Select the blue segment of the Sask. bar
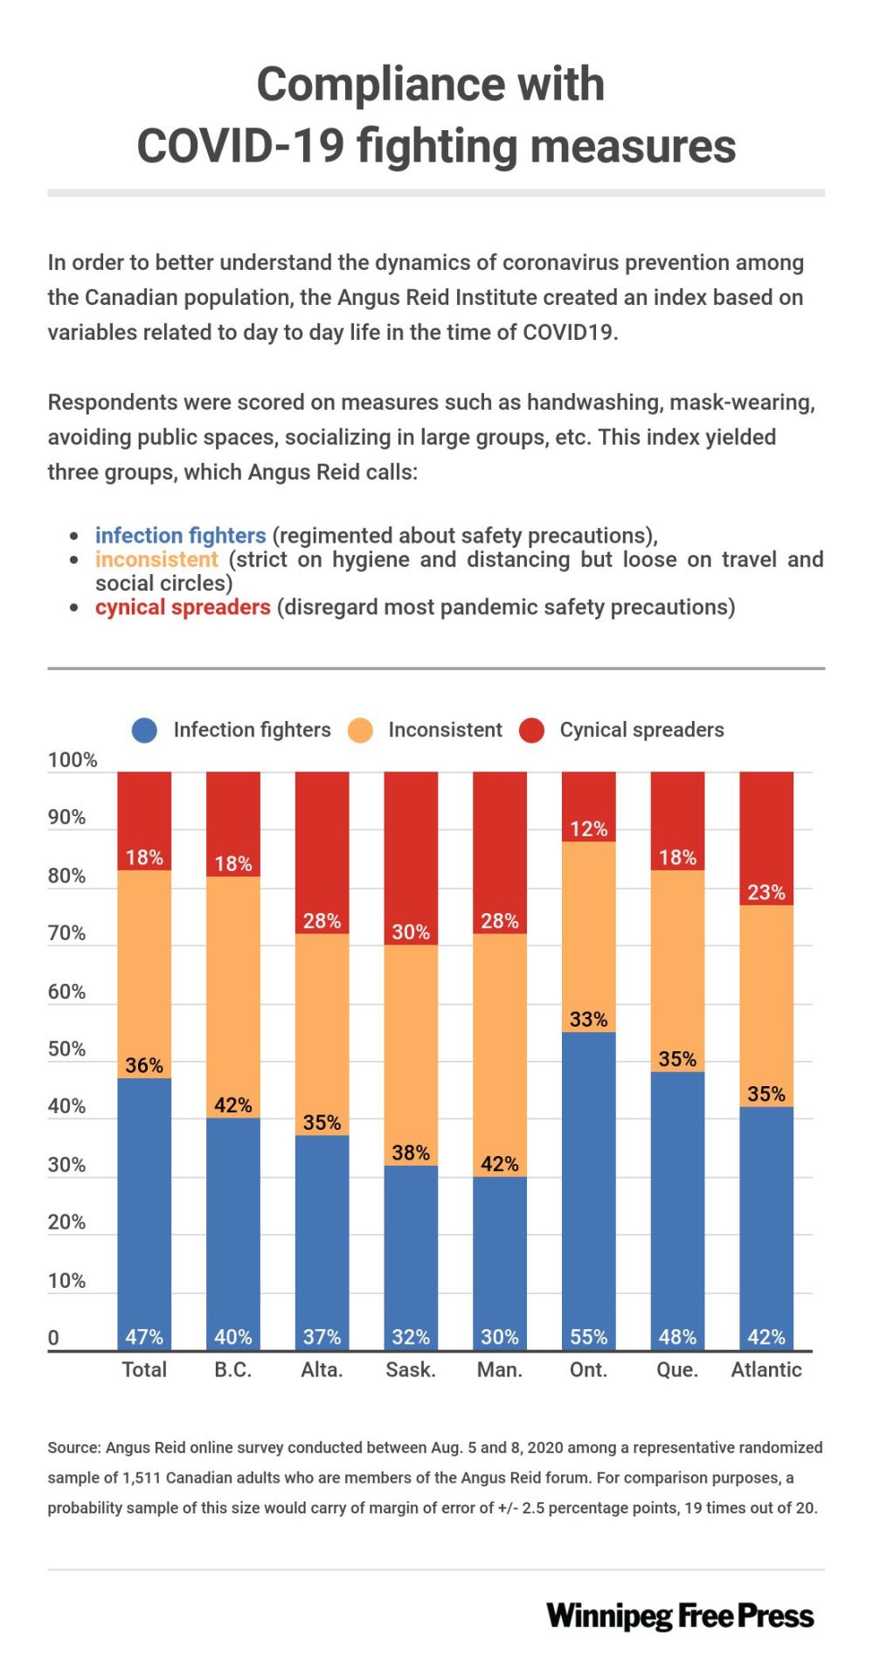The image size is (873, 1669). [411, 1250]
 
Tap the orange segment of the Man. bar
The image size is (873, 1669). [499, 1049]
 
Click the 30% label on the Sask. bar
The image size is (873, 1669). [411, 931]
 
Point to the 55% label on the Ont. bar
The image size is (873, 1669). [588, 1337]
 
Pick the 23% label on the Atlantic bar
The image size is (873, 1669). [766, 892]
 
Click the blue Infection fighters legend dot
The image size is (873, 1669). [144, 731]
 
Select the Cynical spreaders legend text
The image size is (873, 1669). [641, 730]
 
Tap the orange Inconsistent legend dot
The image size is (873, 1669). [360, 731]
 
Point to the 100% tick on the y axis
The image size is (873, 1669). [72, 760]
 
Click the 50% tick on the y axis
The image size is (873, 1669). [66, 1049]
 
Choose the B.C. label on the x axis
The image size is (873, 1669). [232, 1369]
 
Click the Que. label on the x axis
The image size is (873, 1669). [677, 1369]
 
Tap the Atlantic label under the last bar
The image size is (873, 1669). [766, 1369]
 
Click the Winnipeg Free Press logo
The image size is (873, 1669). [680, 1616]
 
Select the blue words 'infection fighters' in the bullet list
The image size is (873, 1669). [180, 535]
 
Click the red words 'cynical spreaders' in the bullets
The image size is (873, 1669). [183, 606]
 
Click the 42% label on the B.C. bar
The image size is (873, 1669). [232, 1105]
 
